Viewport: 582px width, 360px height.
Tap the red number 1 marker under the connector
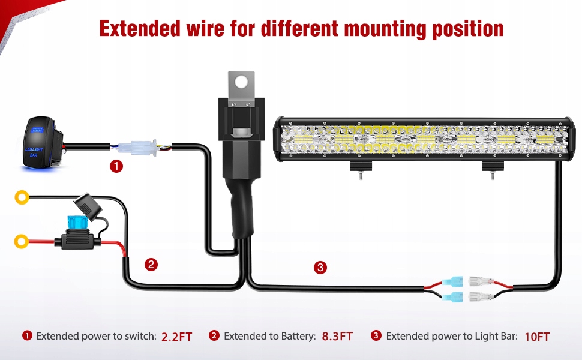coord(116,166)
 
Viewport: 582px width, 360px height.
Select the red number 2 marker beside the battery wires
coord(151,263)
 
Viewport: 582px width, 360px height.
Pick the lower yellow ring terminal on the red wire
coord(22,242)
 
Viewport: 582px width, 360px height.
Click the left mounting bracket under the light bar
coord(361,170)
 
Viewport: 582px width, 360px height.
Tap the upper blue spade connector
coord(454,281)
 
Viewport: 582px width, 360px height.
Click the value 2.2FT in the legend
coord(176,337)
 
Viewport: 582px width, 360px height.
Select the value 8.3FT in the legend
coord(337,337)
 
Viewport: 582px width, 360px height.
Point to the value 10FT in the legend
coord(536,337)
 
